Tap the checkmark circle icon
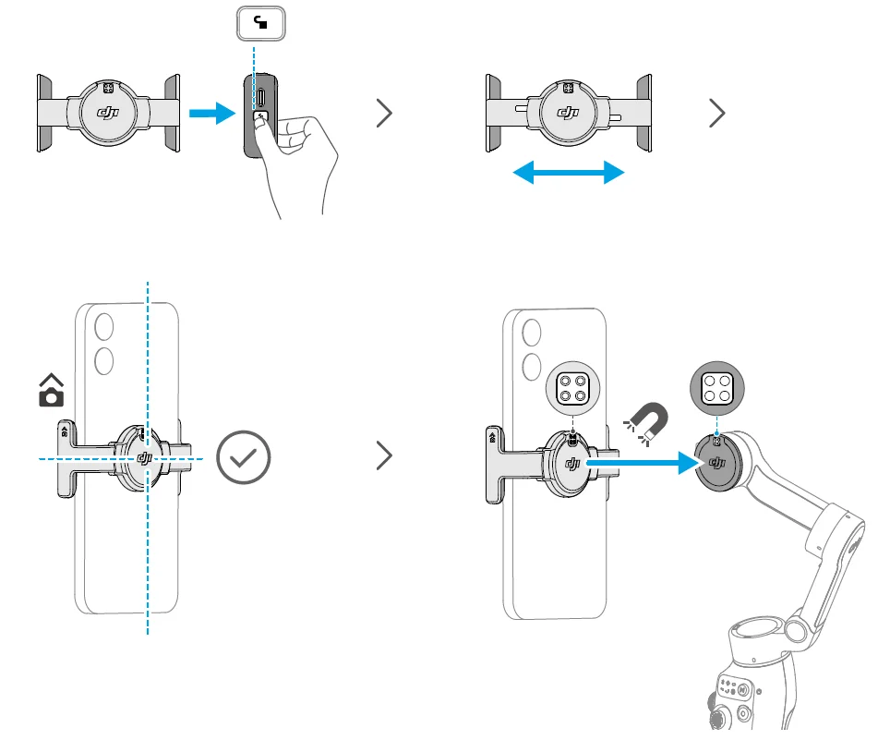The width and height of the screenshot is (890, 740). coord(244,458)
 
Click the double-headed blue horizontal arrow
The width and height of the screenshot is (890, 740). coord(569,172)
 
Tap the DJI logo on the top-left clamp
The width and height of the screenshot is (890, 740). coord(110,113)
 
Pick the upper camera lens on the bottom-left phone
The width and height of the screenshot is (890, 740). coord(103,325)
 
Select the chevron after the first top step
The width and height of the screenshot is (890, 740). coord(385,114)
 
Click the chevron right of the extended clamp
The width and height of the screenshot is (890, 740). coord(717,114)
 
